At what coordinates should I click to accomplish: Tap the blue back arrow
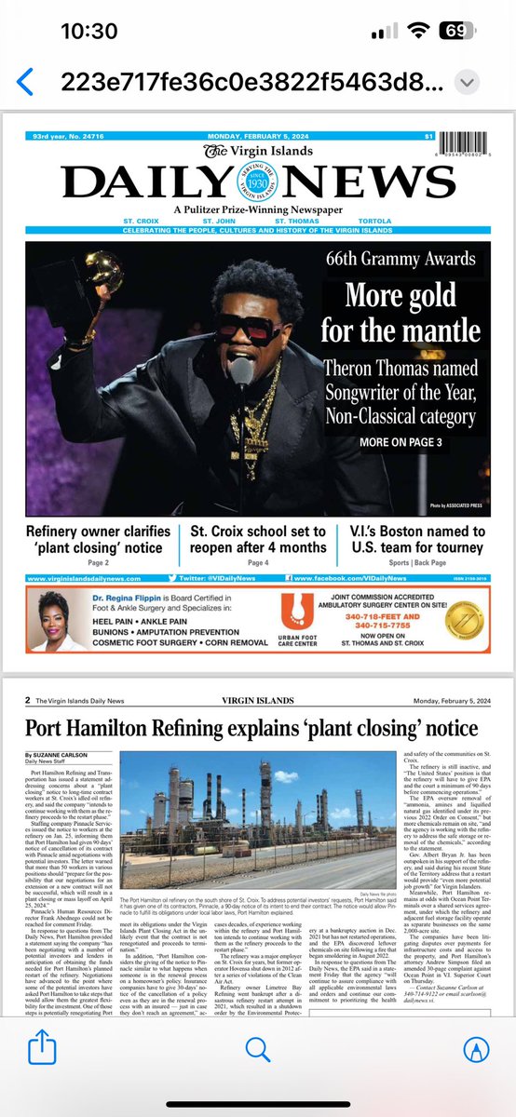(x=25, y=81)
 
